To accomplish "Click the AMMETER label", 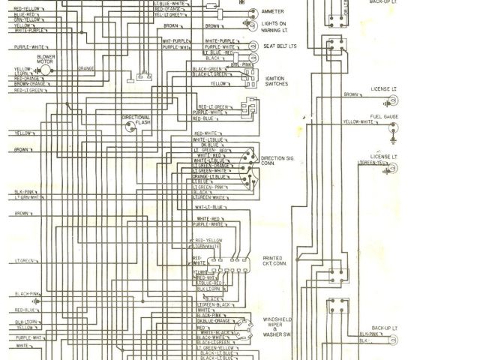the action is click(x=273, y=12).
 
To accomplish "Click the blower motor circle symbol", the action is click(x=44, y=70).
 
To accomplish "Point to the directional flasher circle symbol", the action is click(x=131, y=127).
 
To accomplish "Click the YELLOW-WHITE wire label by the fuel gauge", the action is click(x=358, y=121).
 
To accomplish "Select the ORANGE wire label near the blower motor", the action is click(x=85, y=69).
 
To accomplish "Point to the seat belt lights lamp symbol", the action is click(x=251, y=46).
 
